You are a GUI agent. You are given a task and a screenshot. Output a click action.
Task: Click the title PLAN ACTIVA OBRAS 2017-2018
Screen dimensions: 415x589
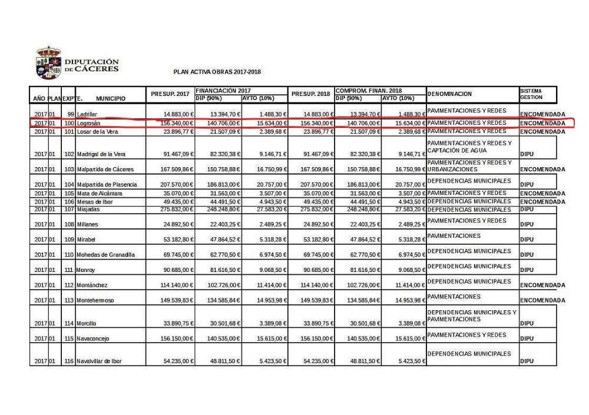(x=217, y=72)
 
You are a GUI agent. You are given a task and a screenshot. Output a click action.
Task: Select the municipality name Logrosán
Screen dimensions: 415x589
(x=89, y=123)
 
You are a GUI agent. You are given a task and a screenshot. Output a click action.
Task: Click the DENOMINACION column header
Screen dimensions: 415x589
(x=449, y=94)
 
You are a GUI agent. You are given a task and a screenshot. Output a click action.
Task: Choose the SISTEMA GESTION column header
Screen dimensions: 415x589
(x=531, y=94)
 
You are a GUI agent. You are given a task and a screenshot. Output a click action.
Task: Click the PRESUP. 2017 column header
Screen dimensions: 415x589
(x=170, y=94)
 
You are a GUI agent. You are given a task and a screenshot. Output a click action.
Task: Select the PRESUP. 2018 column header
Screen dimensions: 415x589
(x=310, y=94)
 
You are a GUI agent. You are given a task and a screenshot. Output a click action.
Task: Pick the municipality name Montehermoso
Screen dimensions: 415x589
(x=95, y=300)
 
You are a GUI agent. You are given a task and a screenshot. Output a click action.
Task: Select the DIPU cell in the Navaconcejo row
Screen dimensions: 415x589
(x=527, y=338)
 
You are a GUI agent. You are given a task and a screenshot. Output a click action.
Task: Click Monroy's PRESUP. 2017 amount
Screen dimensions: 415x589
(x=179, y=270)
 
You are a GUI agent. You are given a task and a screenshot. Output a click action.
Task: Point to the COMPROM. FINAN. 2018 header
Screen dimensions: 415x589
(x=368, y=91)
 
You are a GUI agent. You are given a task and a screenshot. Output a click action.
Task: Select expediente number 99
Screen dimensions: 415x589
(x=71, y=114)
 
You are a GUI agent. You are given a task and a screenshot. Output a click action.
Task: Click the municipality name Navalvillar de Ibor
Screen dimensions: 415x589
(x=99, y=361)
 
